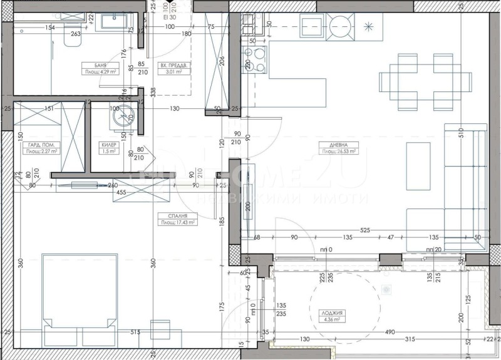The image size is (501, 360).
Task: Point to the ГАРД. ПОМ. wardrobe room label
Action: click(40, 145)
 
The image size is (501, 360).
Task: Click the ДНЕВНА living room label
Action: click(330, 145)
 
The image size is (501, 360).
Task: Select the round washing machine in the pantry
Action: click(126, 116)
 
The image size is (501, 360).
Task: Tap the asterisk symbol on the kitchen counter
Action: click(368, 26)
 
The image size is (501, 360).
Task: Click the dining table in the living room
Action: click(425, 81)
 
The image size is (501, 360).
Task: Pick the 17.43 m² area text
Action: click(178, 222)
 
